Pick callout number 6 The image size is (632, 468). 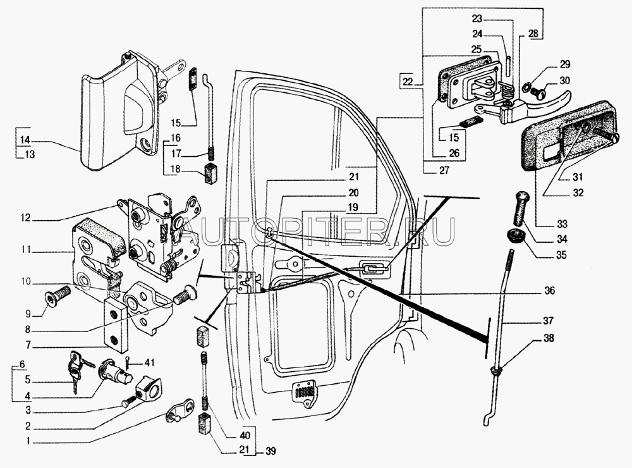22,364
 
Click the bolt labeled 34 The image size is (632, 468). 520,208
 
